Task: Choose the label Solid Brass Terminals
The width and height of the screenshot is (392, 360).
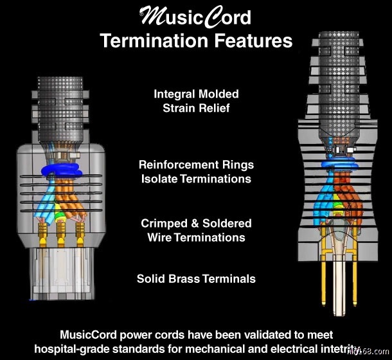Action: tap(196, 278)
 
